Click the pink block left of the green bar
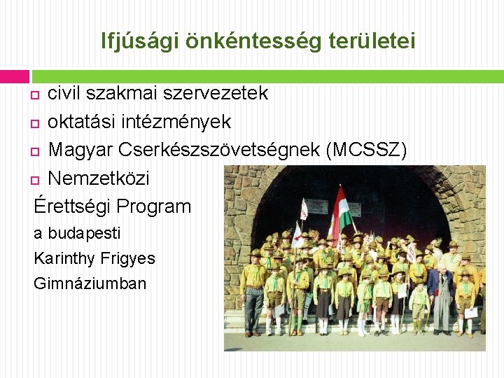15,76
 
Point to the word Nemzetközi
99,178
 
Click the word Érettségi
72,206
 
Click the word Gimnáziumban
90,283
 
